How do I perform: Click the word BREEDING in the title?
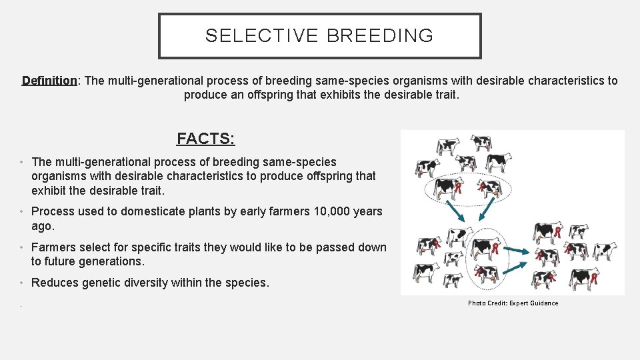379,36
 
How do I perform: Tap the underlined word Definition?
49,81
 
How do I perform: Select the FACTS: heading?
205,139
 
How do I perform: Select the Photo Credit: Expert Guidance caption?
513,303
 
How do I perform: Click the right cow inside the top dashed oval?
490,187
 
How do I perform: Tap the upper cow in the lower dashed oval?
485,247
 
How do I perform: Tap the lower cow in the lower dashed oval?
487,273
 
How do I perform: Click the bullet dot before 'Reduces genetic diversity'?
22,283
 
